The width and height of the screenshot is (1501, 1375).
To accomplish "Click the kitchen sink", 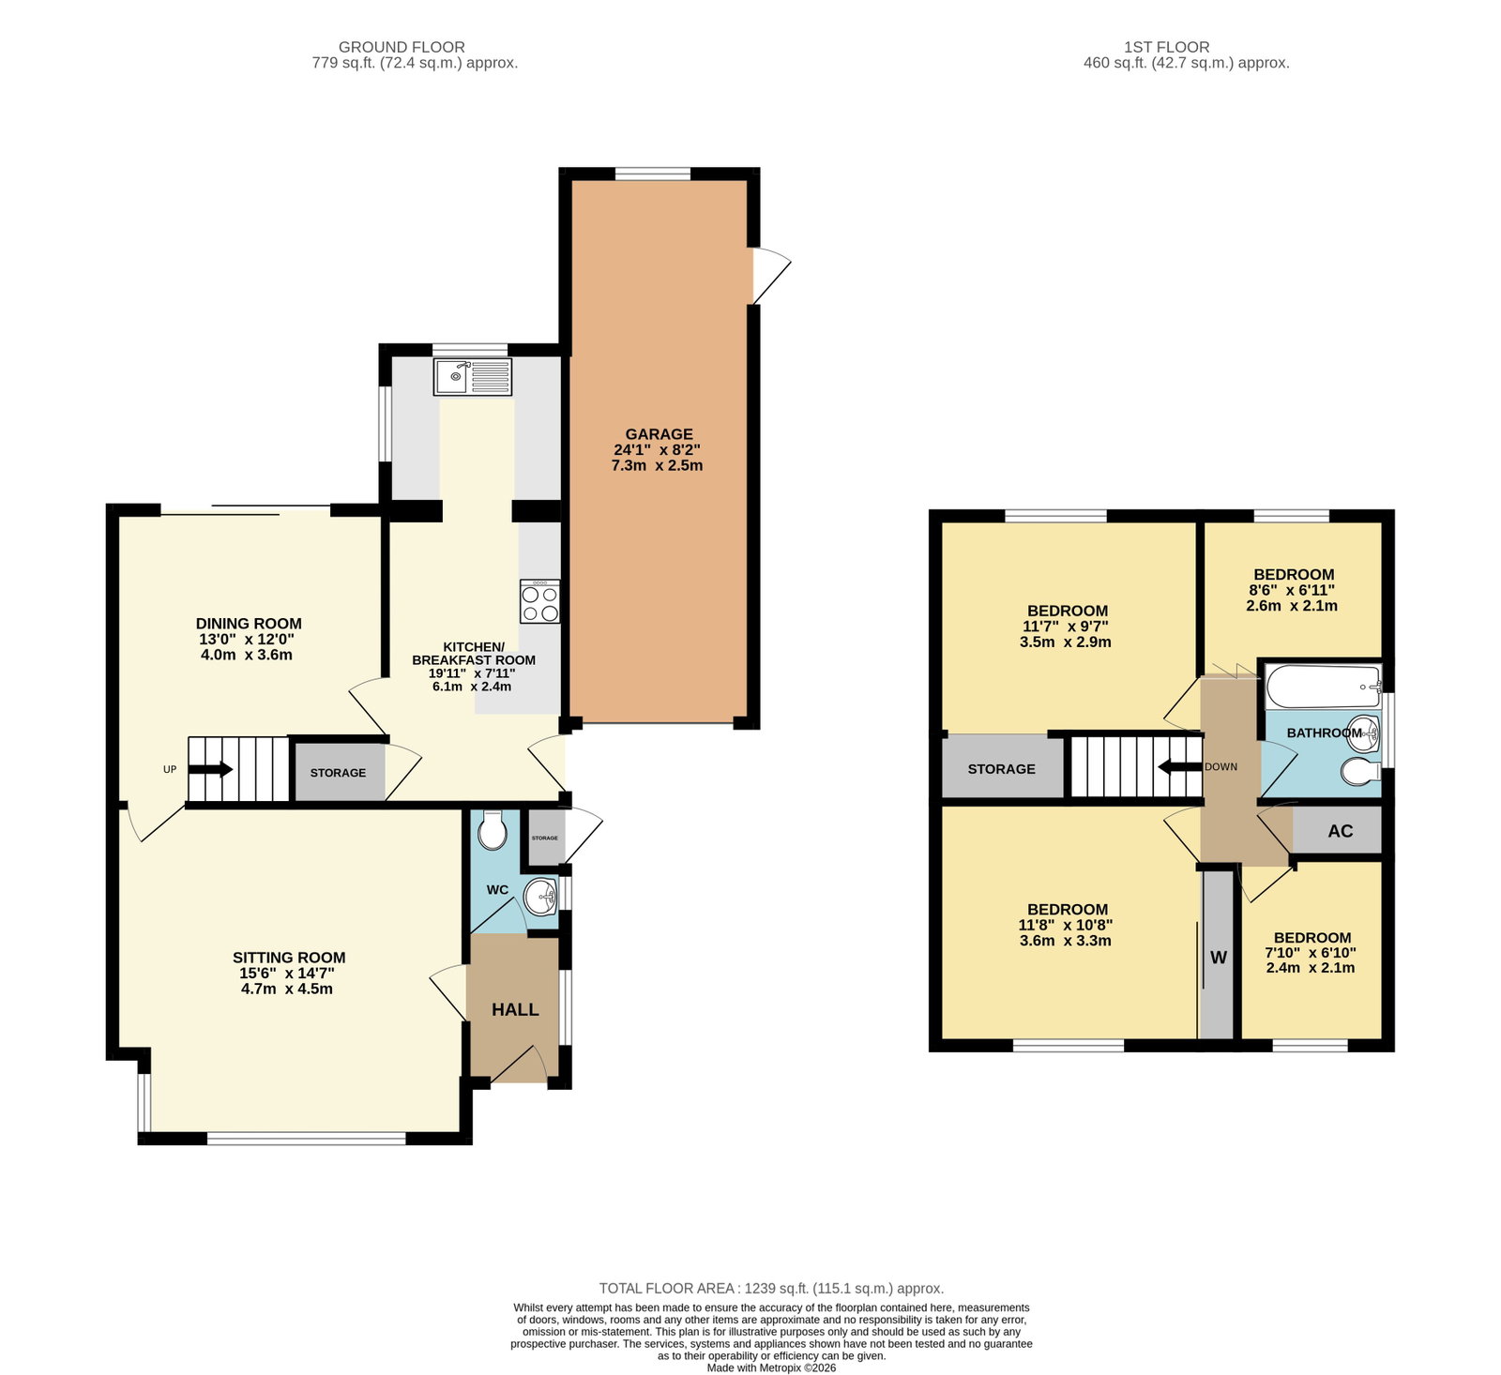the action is (473, 377).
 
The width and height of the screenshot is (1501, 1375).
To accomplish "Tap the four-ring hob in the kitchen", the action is (539, 602).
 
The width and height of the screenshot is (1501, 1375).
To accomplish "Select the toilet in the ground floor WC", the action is (492, 829).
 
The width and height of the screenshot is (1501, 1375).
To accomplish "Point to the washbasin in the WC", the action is (541, 897).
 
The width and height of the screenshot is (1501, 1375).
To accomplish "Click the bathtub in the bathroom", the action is (1324, 687).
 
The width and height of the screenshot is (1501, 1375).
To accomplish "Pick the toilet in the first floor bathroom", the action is (1360, 772).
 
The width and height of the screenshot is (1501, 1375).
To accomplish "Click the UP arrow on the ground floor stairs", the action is (210, 769).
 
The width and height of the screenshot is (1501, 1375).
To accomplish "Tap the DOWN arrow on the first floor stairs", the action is (1180, 767).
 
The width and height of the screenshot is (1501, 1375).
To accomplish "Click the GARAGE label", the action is (659, 434).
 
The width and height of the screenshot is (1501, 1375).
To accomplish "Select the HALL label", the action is (515, 1009).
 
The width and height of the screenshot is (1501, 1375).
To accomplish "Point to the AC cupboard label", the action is (1340, 831).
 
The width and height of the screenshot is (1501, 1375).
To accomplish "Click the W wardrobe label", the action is (1218, 958).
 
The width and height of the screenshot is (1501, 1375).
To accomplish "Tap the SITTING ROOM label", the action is (289, 958).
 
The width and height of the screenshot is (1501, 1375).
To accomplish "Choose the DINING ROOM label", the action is (249, 624).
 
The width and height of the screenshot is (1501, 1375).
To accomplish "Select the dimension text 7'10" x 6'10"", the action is (1311, 953).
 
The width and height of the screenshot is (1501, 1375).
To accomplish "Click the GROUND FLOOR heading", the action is (402, 47).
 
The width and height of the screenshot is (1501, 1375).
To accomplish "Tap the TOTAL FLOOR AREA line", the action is (771, 1289).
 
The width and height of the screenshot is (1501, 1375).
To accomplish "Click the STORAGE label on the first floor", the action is (1001, 769).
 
